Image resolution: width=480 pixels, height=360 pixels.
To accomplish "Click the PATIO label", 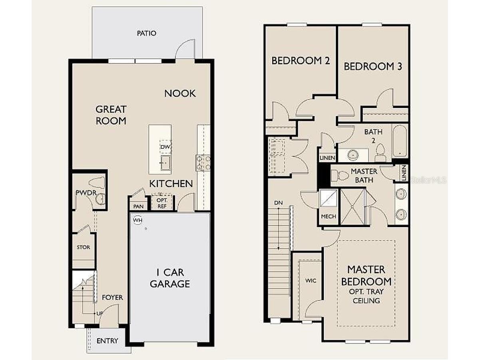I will point(146,33).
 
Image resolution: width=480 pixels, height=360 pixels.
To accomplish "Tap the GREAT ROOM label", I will point(111,115).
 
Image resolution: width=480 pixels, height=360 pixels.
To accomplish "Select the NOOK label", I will point(180,93).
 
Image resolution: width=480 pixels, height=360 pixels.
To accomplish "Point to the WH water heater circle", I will point(138,220).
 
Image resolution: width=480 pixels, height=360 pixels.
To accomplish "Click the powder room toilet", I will point(97,183).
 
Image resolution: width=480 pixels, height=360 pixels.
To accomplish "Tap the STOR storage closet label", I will point(84,247).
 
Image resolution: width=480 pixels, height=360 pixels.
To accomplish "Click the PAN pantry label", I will point(138,206).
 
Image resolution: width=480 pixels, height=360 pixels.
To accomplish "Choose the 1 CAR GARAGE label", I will point(169,278).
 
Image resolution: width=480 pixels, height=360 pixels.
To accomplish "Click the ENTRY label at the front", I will point(107,341).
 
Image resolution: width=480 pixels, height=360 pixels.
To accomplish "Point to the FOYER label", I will point(112,298).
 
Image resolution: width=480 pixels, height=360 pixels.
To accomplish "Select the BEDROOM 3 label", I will point(373,66).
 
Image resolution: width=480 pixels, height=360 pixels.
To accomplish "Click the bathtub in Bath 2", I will point(399,141).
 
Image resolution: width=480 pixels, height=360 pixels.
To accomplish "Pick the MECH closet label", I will point(329,217).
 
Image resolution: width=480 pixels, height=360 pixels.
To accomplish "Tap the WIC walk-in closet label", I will point(311,281).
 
